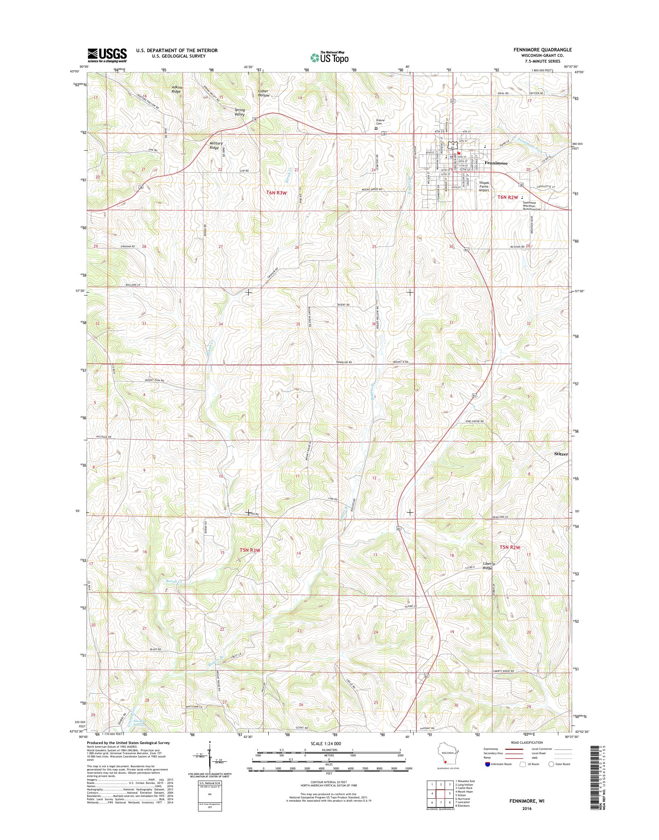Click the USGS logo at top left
(107, 55)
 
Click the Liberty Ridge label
(489, 566)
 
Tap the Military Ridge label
(216, 146)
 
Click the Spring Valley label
(240, 112)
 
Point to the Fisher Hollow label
(264, 93)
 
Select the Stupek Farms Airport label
(484, 186)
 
